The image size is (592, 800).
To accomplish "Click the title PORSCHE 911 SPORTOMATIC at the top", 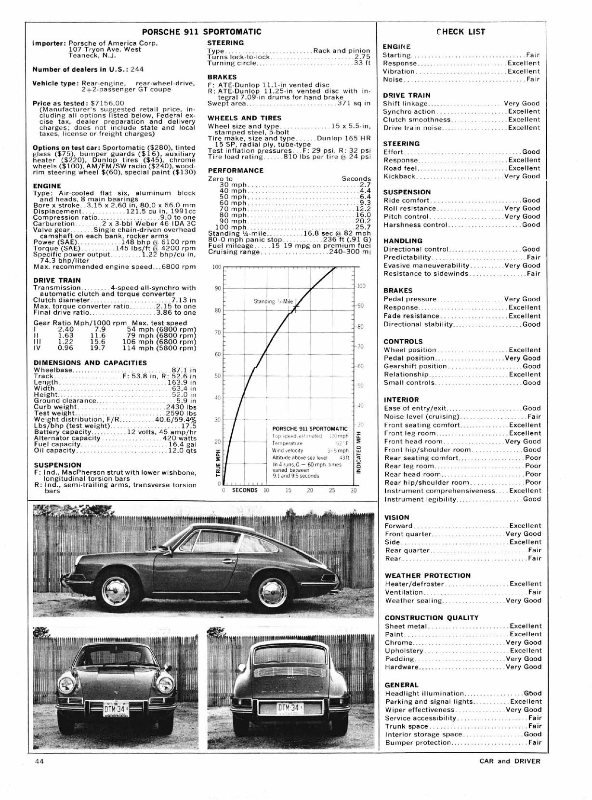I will click(x=201, y=32).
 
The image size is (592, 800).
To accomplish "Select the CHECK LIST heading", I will click(x=461, y=32).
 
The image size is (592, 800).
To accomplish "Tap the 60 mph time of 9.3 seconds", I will click(x=365, y=203).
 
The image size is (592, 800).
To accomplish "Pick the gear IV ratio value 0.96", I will click(x=66, y=347).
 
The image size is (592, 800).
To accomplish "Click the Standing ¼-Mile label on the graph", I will click(x=273, y=302).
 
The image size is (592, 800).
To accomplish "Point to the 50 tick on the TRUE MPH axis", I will click(x=218, y=376).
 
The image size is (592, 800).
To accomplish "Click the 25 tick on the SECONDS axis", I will click(x=332, y=491).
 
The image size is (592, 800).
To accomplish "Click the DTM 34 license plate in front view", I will click(x=116, y=708).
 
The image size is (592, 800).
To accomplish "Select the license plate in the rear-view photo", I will click(x=289, y=708).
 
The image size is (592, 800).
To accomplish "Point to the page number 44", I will click(x=39, y=761).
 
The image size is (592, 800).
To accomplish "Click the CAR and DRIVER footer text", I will click(x=510, y=761).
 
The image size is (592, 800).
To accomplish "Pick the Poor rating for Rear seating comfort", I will click(x=533, y=458).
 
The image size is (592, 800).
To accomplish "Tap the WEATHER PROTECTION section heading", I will click(x=428, y=575).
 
